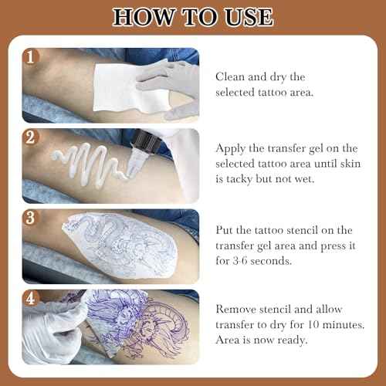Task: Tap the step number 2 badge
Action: coord(31,137)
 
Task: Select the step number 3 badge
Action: coord(31,218)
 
